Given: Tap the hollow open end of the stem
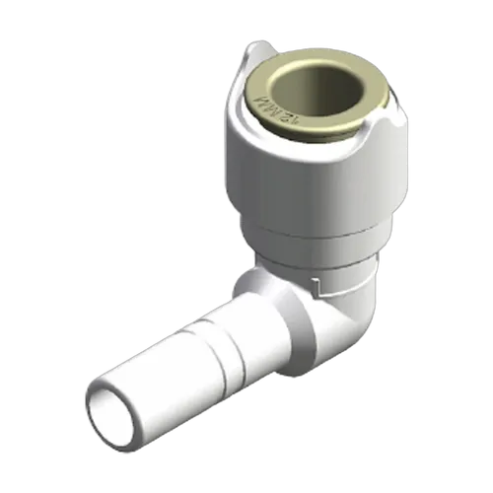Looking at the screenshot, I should point(117,405).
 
